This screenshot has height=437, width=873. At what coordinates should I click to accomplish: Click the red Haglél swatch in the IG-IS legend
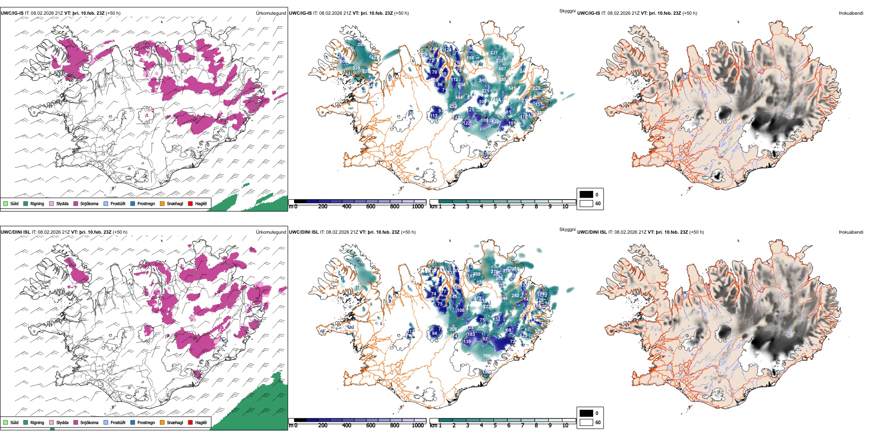click(x=191, y=203)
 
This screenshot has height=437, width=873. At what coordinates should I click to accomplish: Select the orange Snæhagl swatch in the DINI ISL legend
click(x=162, y=422)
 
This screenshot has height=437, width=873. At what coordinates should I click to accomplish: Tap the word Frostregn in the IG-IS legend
click(x=146, y=203)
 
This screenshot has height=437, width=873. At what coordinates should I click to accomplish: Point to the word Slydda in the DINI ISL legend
click(x=62, y=422)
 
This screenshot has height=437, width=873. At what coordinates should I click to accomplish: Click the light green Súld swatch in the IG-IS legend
click(x=6, y=203)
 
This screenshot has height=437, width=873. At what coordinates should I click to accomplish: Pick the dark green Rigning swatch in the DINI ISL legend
click(x=26, y=422)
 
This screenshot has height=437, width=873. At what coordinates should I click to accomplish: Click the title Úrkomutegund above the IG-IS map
click(x=271, y=13)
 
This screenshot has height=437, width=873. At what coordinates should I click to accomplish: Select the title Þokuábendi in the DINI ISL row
click(x=851, y=232)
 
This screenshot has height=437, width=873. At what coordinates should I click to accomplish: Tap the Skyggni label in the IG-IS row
click(x=567, y=11)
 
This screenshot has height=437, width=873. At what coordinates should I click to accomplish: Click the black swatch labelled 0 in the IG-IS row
click(x=586, y=195)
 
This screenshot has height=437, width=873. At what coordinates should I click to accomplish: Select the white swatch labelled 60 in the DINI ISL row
click(x=586, y=422)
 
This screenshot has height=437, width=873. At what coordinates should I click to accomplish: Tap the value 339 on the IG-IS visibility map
click(x=356, y=68)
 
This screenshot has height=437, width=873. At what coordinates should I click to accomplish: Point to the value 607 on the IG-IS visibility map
click(x=502, y=69)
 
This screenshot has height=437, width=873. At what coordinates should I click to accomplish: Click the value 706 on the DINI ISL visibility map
click(x=487, y=356)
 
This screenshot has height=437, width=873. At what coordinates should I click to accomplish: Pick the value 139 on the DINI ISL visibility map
click(x=467, y=342)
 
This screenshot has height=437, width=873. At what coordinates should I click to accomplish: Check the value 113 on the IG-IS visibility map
click(x=434, y=116)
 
